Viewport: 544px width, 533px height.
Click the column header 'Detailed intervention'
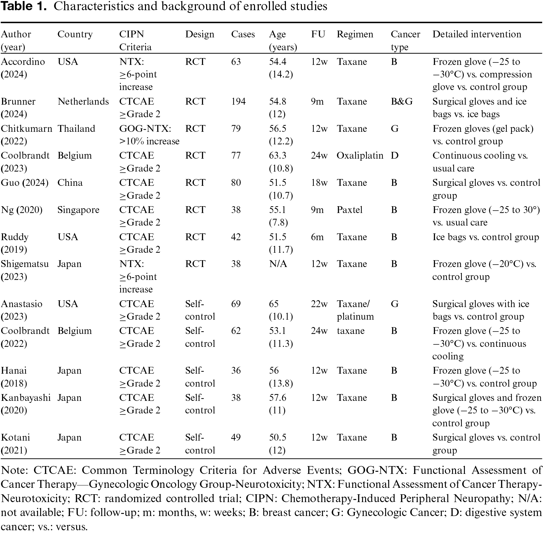coord(477,34)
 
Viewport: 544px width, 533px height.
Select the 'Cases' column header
coord(243,34)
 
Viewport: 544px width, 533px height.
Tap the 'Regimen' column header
coord(355,35)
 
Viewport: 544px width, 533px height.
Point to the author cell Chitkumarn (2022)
coord(26,135)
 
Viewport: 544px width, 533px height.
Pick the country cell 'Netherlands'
coord(83,102)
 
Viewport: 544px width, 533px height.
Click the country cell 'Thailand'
coord(76,129)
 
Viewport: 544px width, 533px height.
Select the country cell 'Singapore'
coord(78,210)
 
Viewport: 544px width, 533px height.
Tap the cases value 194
coord(238,102)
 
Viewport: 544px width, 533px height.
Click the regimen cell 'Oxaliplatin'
coord(360,156)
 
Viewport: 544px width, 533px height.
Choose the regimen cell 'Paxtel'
coord(349,210)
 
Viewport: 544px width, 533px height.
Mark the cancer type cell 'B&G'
coord(402,102)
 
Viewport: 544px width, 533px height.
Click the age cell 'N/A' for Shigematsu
coord(278,264)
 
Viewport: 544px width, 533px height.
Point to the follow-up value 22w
coord(319,304)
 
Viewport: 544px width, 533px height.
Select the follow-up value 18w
coord(319,183)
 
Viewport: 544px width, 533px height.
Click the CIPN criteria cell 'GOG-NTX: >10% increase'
coord(149,135)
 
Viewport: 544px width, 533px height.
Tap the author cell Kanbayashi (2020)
coord(26,404)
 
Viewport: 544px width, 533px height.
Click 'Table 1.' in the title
coord(23,6)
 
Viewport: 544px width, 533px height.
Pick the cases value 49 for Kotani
coord(236,438)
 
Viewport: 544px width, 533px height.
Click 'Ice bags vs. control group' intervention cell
coord(486,237)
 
